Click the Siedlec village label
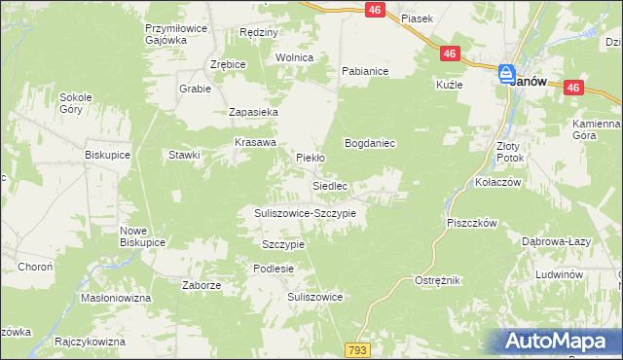[330, 184]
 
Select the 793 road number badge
[356, 348]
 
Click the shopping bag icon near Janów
[507, 74]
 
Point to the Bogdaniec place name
[369, 143]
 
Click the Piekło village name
[310, 156]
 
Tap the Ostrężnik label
[437, 280]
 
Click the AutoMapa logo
[559, 342]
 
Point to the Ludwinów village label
[559, 275]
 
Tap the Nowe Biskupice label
[132, 236]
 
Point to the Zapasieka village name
[254, 113]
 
